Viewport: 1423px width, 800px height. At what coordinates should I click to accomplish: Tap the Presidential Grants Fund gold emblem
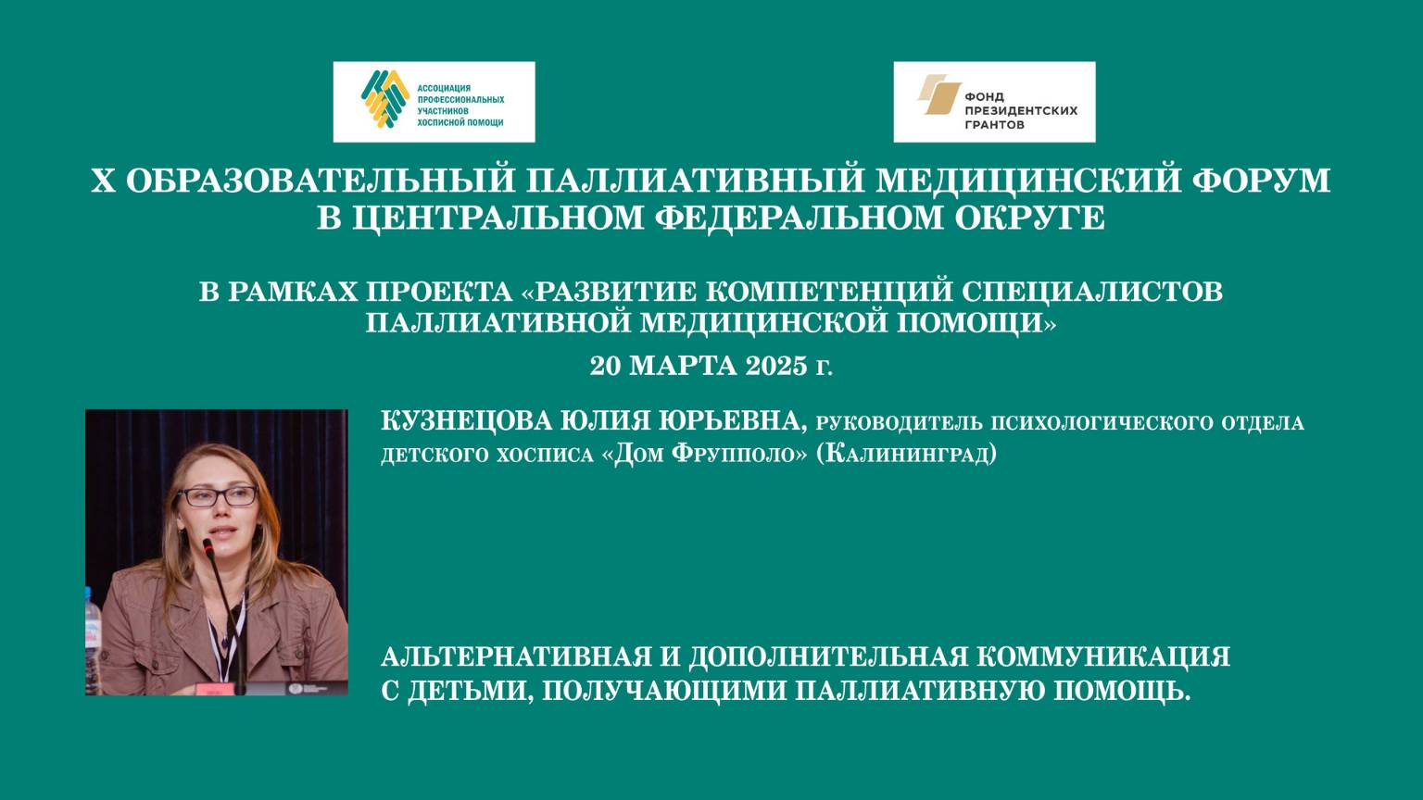tap(938, 96)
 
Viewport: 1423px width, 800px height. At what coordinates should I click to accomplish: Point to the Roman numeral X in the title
tap(103, 180)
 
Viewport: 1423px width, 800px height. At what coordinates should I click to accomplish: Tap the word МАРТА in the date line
tap(684, 366)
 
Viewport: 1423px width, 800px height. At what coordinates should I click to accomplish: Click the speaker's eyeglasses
tap(217, 497)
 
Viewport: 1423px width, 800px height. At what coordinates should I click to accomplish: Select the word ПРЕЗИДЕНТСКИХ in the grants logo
tap(1021, 110)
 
